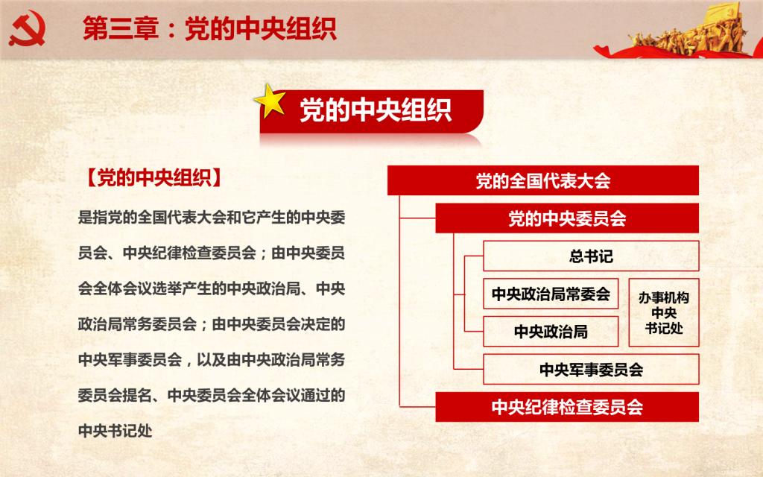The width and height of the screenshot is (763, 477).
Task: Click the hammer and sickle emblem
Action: click(x=28, y=29)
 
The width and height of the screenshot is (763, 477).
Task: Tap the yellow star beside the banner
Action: click(x=270, y=101)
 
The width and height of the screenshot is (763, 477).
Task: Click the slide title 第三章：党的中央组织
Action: click(x=209, y=28)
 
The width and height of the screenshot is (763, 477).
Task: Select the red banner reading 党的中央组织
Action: click(x=372, y=112)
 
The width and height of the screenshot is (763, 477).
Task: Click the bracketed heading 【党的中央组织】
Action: click(x=154, y=178)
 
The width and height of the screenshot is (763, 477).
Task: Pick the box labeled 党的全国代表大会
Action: click(x=543, y=180)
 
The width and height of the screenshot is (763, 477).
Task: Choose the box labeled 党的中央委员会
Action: click(x=567, y=218)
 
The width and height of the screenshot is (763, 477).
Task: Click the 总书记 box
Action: click(x=591, y=256)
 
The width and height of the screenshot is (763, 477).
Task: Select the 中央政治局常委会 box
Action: click(x=551, y=294)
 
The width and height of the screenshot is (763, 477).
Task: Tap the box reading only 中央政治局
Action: click(x=551, y=332)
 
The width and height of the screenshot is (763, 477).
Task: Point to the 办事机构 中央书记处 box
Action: click(x=664, y=312)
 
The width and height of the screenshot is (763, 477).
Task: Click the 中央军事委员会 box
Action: click(x=591, y=370)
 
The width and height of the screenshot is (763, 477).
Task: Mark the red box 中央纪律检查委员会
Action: click(x=567, y=407)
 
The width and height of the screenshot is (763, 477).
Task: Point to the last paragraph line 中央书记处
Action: click(x=115, y=431)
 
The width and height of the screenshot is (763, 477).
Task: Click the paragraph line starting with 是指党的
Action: click(x=212, y=217)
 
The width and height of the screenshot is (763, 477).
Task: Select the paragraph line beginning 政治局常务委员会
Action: click(x=212, y=323)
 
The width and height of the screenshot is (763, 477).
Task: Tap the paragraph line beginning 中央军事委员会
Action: click(x=212, y=360)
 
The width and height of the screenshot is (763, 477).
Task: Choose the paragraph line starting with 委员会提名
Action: click(x=212, y=395)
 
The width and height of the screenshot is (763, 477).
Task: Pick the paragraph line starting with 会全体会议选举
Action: click(x=212, y=288)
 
